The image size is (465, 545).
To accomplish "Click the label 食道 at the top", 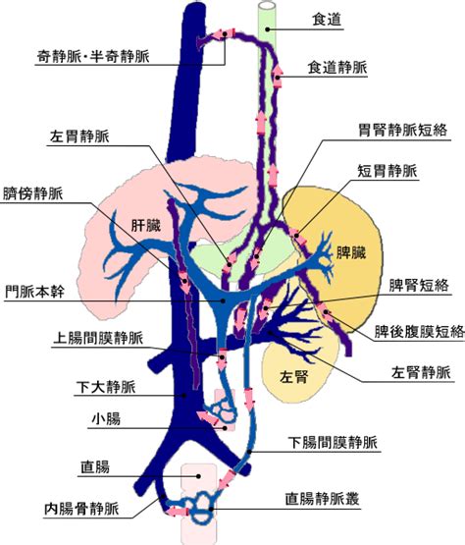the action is click(x=327, y=20).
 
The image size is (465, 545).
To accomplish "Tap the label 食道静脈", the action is click(x=337, y=67).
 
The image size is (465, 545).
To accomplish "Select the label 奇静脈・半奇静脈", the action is click(x=93, y=56).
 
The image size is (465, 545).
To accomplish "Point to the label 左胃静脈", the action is click(x=79, y=136).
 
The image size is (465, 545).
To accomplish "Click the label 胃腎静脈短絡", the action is click(x=402, y=131).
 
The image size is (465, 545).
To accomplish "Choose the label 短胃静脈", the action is click(x=387, y=171).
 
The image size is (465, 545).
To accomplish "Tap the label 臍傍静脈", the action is click(x=33, y=193).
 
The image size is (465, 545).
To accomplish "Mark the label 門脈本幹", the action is click(x=34, y=292).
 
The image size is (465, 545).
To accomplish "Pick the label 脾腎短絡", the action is click(x=419, y=286).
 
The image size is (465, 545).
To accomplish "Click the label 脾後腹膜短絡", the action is click(x=419, y=331).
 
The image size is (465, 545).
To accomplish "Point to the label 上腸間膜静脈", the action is click(x=97, y=338).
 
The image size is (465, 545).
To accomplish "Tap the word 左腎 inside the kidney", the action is click(x=293, y=376).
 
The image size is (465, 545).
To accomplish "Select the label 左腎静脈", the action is click(x=421, y=372).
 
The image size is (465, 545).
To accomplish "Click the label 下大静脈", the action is click(x=106, y=387).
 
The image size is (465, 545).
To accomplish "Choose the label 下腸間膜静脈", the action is click(x=333, y=443).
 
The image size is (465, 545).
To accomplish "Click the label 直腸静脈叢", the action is click(x=322, y=499).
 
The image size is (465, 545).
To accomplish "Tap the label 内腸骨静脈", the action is click(x=81, y=509).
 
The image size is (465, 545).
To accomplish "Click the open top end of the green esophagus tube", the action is click(x=267, y=6).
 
